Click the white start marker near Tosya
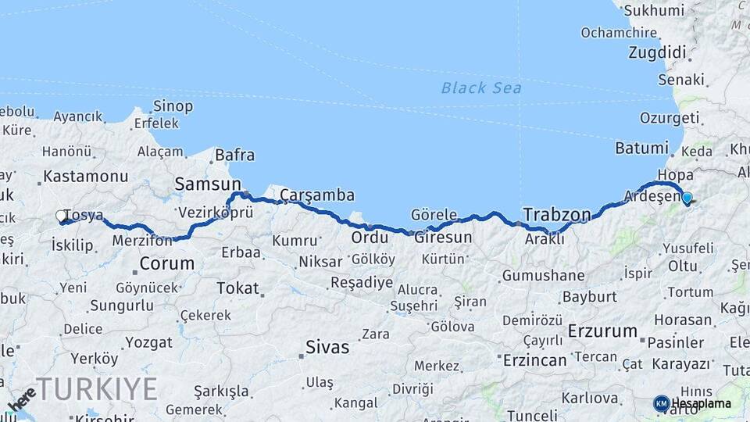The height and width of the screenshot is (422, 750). [61, 216]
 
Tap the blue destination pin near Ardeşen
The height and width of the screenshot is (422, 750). [687, 198]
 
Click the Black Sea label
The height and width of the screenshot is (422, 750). [481, 88]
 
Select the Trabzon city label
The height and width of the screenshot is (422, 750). [556, 213]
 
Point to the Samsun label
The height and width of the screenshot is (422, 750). [208, 184]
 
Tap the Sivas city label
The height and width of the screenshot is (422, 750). [327, 347]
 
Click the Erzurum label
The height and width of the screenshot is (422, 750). [602, 331]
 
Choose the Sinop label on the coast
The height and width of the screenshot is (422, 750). [173, 105]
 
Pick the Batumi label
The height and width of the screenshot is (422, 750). [641, 148]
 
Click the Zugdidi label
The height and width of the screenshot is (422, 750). [657, 53]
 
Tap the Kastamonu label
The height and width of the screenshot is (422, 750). [85, 176]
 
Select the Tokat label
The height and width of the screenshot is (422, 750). [237, 288]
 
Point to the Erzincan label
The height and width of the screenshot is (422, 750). [534, 360]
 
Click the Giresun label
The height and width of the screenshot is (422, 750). [443, 237]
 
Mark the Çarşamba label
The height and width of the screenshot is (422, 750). [317, 195]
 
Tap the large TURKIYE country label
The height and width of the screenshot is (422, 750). [97, 388]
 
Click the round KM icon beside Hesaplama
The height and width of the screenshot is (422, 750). [661, 403]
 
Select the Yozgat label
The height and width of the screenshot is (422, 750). [148, 342]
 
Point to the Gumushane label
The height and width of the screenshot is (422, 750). [543, 275]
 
